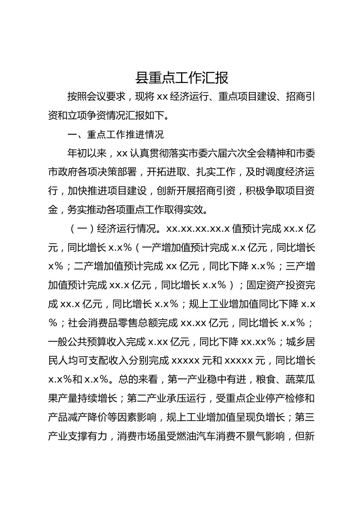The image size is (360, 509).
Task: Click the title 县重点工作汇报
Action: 182,78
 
